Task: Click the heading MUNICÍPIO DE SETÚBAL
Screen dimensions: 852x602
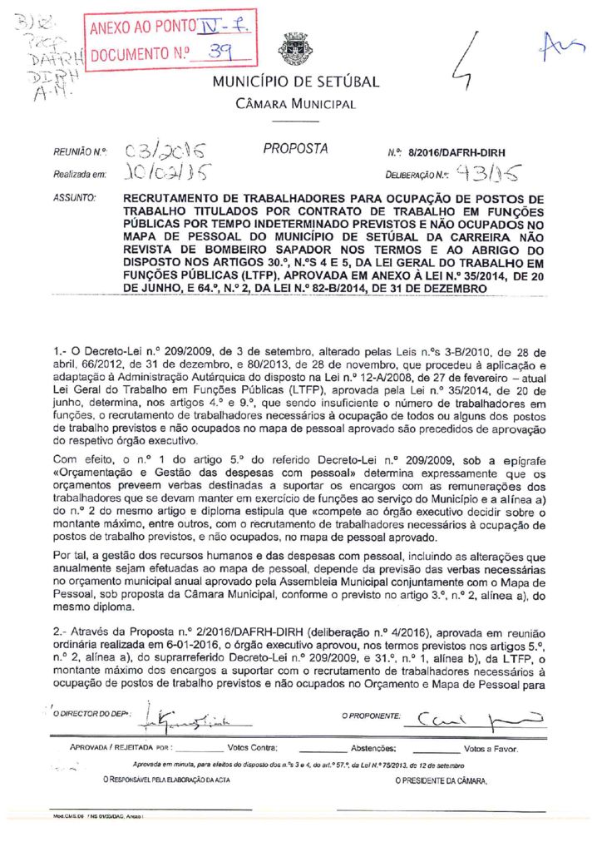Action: click(x=296, y=82)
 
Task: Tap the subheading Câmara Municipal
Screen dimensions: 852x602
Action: click(x=296, y=104)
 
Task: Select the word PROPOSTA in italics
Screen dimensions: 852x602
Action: click(x=295, y=149)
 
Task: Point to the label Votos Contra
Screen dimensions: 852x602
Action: click(x=252, y=748)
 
